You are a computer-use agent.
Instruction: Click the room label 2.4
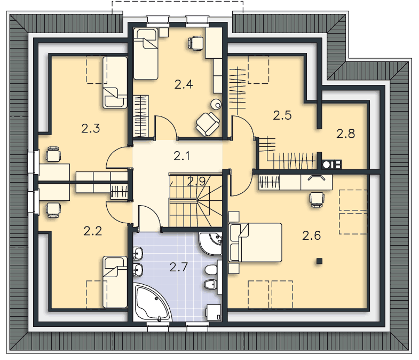[x=184, y=84]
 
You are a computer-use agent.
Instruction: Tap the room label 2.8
[x=345, y=134]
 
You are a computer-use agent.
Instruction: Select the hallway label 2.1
[x=181, y=156]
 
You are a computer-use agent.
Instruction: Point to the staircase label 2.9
[x=196, y=182]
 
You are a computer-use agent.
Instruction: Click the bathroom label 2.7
[x=179, y=267]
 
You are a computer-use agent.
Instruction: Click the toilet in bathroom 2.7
[x=211, y=270]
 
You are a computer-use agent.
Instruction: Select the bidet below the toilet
[x=211, y=285]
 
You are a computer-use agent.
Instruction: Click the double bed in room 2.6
[x=256, y=242]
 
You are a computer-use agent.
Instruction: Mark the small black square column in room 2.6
[x=319, y=261]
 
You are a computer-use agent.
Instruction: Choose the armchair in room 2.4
[x=208, y=124]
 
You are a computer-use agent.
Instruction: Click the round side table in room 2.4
[x=216, y=104]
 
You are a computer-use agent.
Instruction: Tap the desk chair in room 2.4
[x=195, y=43]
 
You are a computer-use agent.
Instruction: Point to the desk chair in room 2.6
[x=317, y=200]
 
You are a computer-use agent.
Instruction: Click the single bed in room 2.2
[x=115, y=282]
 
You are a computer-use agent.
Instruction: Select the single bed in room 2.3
[x=115, y=82]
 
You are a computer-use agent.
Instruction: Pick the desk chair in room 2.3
[x=53, y=154]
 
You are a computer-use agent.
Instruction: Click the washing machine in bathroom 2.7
[x=214, y=312]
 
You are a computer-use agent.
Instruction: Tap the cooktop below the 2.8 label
[x=331, y=165]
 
